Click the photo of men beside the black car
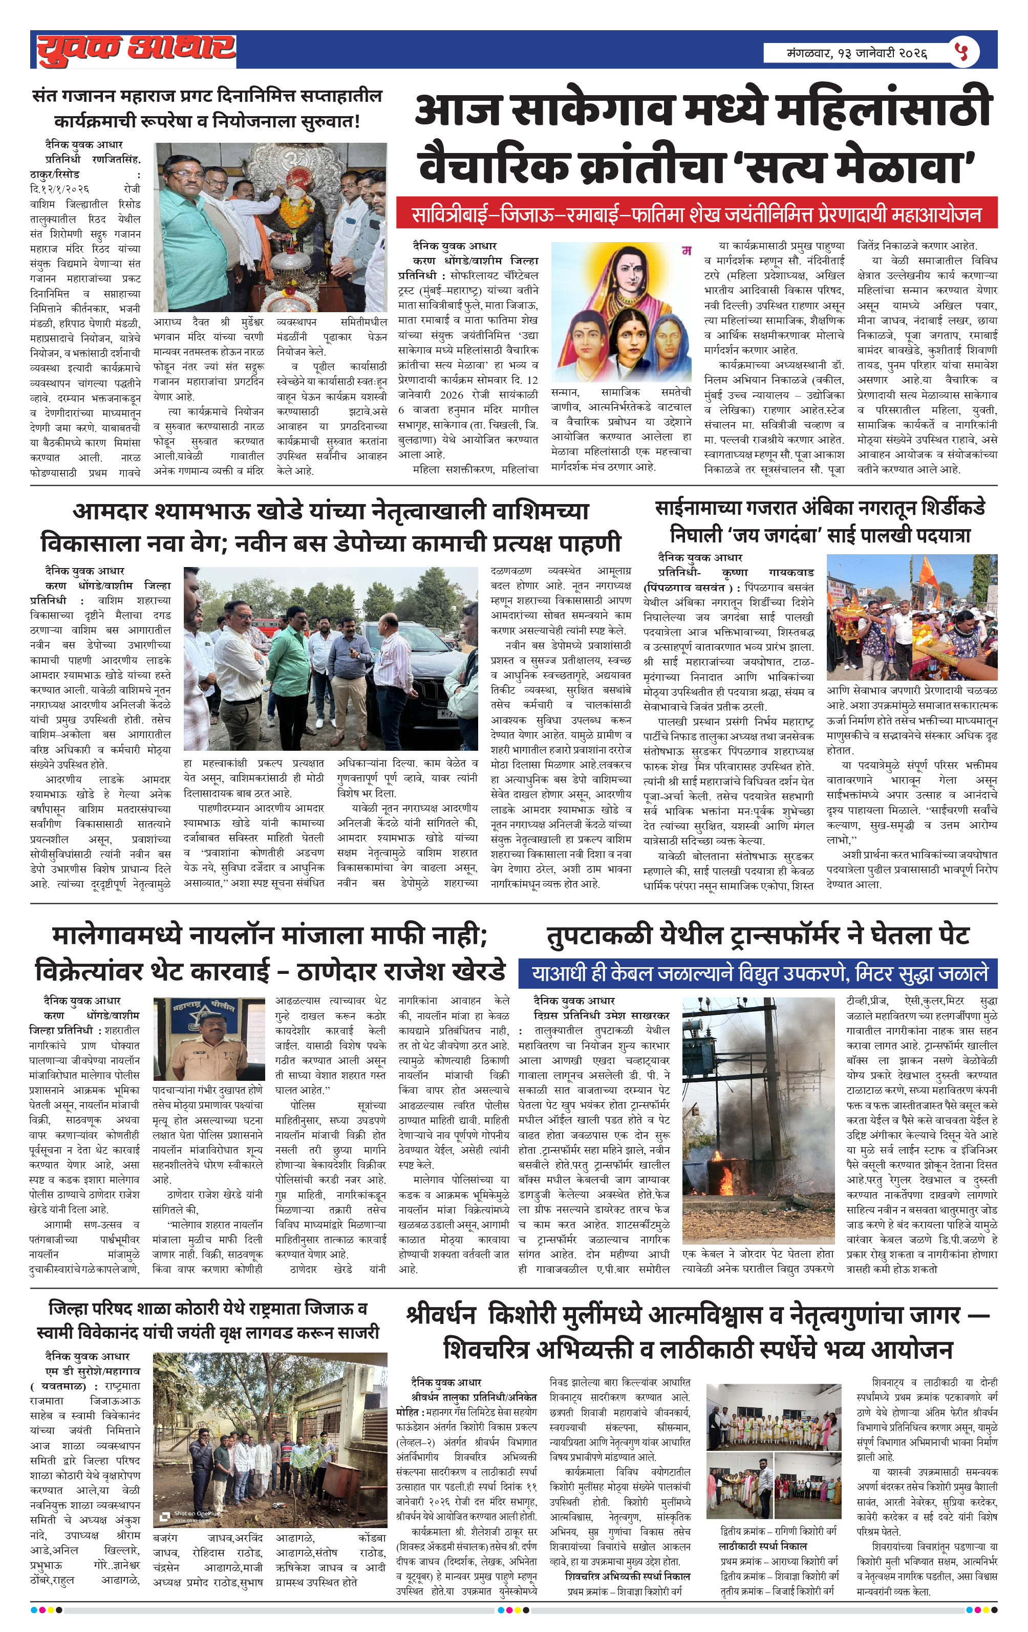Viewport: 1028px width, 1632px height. pyautogui.click(x=331, y=659)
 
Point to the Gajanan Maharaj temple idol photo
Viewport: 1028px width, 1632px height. pyautogui.click(x=270, y=227)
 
